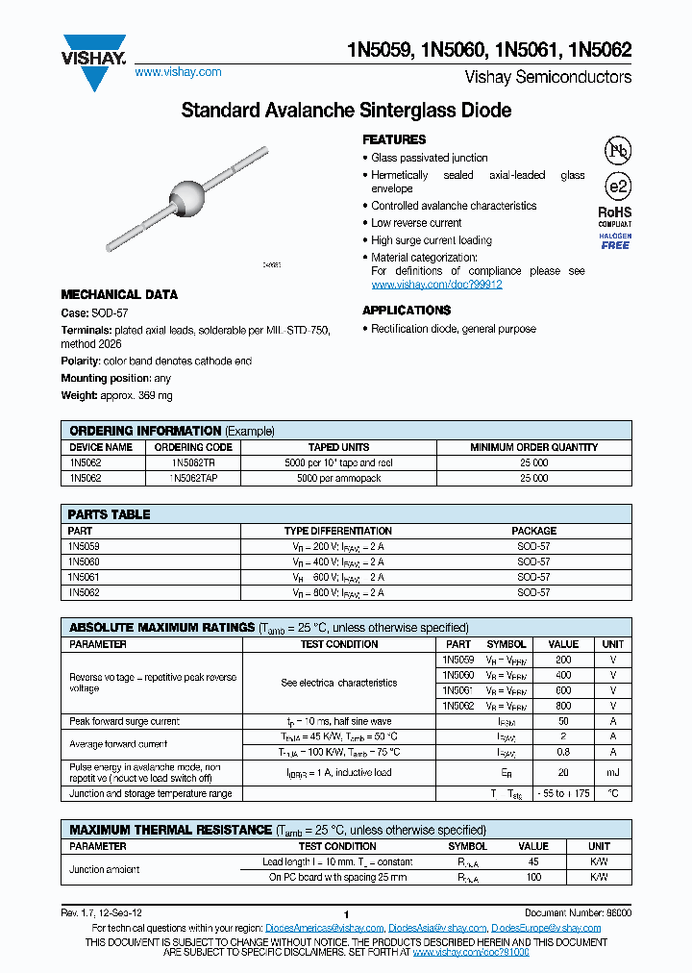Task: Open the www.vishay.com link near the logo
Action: [178, 72]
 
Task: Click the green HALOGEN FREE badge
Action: [615, 241]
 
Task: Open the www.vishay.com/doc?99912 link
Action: [436, 285]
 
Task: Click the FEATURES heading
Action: [394, 139]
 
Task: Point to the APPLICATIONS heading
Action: [406, 311]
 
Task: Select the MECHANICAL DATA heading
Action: [119, 295]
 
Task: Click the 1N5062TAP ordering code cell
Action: [193, 478]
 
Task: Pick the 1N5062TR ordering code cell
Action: [193, 462]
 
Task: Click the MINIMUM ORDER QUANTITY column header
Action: [533, 447]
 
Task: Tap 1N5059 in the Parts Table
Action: [85, 546]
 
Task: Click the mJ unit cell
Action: [612, 773]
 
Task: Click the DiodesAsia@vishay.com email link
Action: [436, 928]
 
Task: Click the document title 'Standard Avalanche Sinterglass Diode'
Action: [346, 111]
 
